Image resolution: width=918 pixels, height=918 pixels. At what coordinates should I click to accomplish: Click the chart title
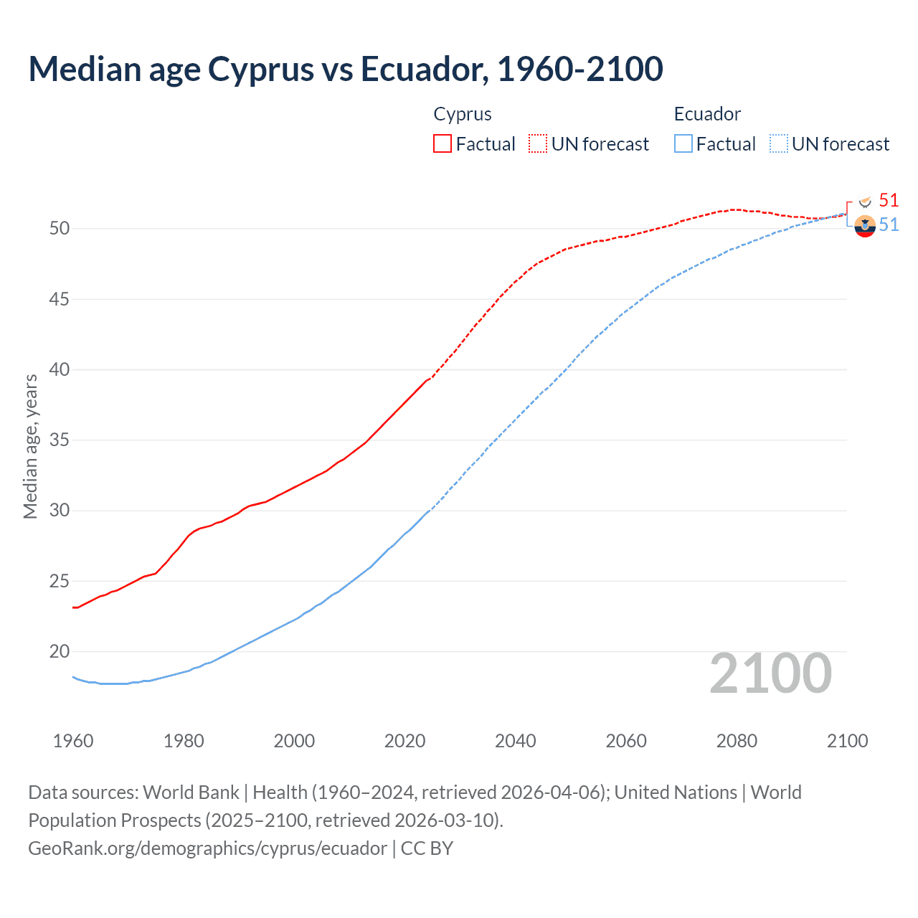coord(346,69)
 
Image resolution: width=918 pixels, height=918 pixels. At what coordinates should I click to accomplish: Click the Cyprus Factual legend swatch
coord(443,143)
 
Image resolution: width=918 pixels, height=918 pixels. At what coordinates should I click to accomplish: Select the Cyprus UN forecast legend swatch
coord(538,143)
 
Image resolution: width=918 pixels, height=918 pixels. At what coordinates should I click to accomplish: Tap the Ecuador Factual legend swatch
coord(683,143)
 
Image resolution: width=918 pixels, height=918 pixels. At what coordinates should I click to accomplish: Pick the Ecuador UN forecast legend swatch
coord(779,143)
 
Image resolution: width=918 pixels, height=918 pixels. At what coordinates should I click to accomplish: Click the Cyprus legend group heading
coord(463,114)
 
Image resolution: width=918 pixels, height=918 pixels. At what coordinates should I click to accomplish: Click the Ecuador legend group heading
coord(707,114)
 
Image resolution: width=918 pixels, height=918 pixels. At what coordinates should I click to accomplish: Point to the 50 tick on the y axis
coord(60,229)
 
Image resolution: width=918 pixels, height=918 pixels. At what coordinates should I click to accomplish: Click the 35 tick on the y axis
coord(60,440)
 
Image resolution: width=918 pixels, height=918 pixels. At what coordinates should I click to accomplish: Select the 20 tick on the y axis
coord(60,652)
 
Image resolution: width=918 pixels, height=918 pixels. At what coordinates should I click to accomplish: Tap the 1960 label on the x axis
coord(73,741)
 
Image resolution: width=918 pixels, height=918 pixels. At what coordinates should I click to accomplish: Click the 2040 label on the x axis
coord(516,741)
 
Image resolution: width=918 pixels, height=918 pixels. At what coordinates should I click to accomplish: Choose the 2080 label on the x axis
coord(737,741)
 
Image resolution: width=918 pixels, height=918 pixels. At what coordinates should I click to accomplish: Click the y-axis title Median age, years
coord(30,446)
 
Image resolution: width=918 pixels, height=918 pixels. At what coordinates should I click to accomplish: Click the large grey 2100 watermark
coord(771,673)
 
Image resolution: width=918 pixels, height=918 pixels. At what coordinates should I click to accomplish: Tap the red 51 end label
coord(889,200)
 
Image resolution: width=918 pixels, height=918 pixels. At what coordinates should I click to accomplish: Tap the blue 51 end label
coord(889,225)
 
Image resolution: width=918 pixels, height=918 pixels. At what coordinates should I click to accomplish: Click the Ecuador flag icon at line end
coord(865,226)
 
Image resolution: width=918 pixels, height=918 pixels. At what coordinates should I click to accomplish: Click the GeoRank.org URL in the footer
coord(207,848)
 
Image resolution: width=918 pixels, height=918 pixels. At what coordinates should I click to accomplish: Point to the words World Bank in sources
coord(191,792)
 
